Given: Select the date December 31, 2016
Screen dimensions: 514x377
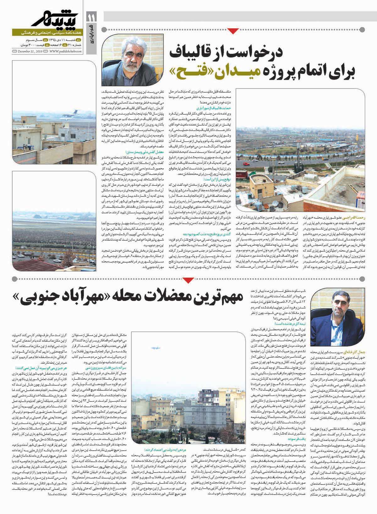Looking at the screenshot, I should [x=30, y=51].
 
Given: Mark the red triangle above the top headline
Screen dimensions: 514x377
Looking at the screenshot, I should [x=232, y=30].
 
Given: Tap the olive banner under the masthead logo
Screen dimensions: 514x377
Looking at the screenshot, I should [x=47, y=32].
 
